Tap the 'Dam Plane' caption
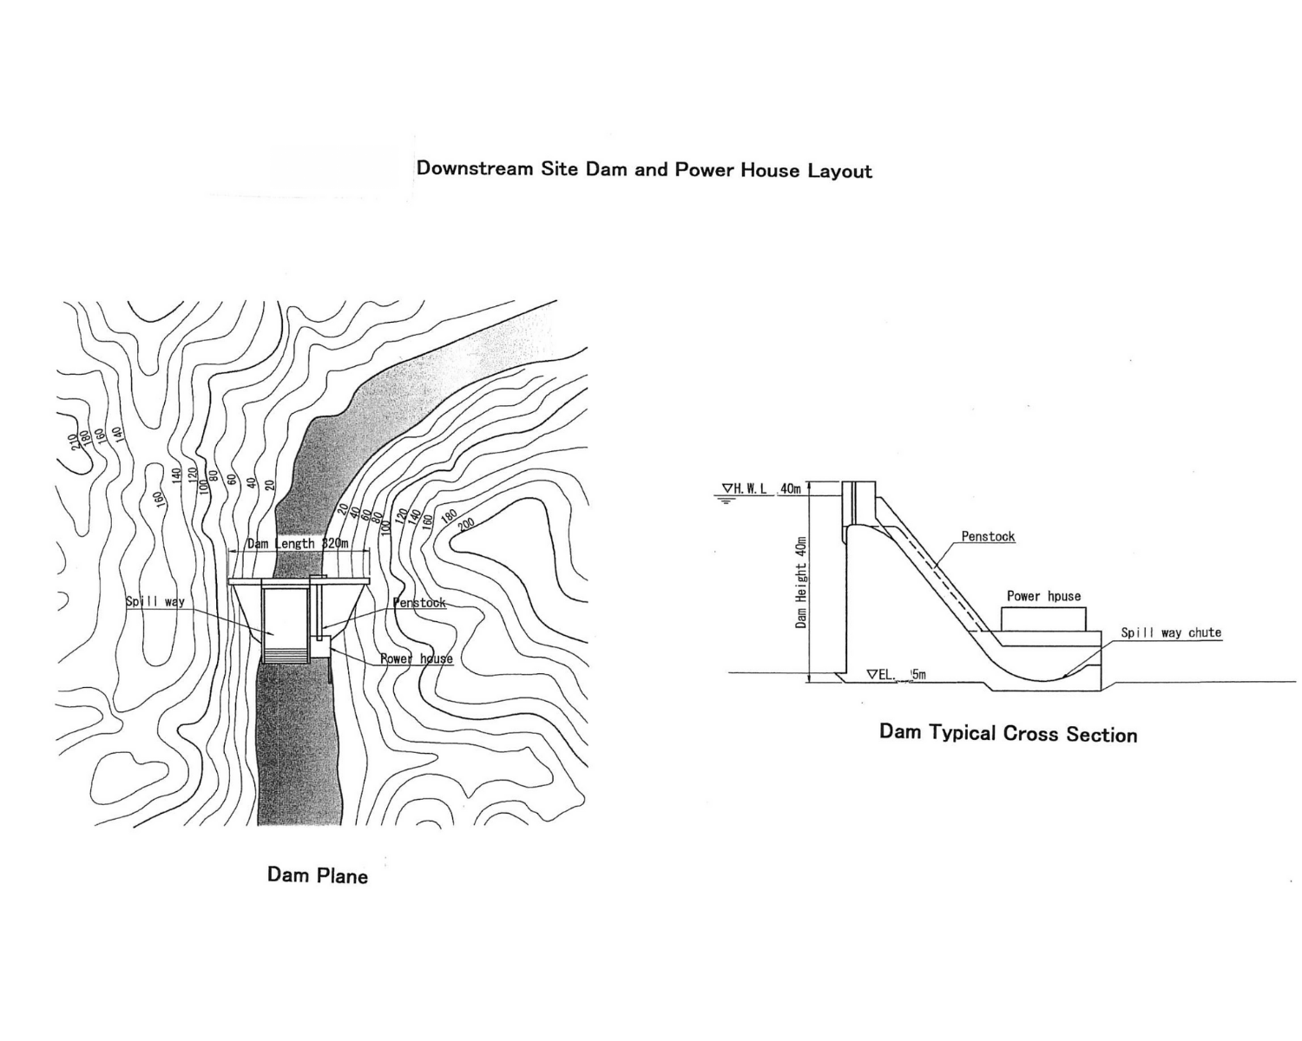pos(317,875)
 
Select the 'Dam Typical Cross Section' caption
pos(1008,734)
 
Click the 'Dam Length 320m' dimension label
pos(298,544)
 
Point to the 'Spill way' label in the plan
pos(155,601)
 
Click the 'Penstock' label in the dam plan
pos(419,603)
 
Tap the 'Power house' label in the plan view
pos(417,658)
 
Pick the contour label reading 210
pos(74,442)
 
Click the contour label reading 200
pos(465,523)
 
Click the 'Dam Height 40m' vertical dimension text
pos(801,581)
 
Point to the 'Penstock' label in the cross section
pos(988,537)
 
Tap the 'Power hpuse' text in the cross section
pos(1043,596)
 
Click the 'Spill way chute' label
pos(1170,632)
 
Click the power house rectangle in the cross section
pos(1043,619)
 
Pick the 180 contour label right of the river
pos(450,515)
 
